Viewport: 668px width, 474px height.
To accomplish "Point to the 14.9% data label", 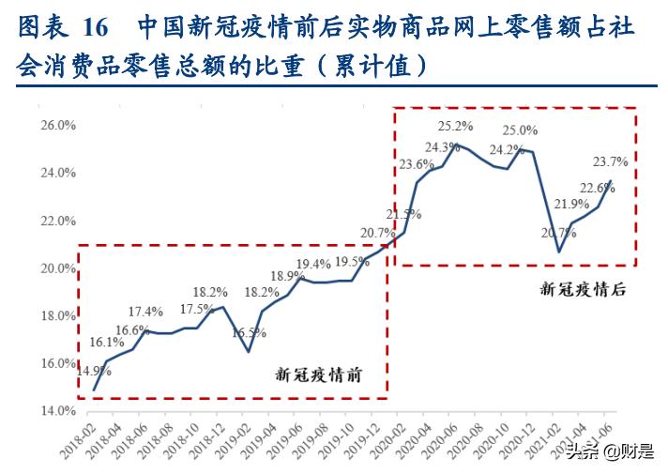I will pos(95,372).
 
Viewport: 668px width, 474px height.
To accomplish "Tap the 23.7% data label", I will pos(610,162).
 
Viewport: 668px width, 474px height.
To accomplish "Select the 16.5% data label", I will pos(249,333).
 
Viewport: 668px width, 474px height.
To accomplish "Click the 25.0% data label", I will pos(520,131).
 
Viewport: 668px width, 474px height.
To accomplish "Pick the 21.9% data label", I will pos(571,205).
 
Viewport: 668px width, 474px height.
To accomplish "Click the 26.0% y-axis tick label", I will pos(57,126).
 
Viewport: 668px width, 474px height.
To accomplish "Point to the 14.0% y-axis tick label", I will pos(57,411).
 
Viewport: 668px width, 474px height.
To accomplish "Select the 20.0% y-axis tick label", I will pos(57,268).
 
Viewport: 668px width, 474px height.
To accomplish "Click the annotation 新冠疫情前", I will pos(317,376).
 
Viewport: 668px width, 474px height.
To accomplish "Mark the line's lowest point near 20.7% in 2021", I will pos(559,252).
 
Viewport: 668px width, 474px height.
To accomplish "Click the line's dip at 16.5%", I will pos(248,352).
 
